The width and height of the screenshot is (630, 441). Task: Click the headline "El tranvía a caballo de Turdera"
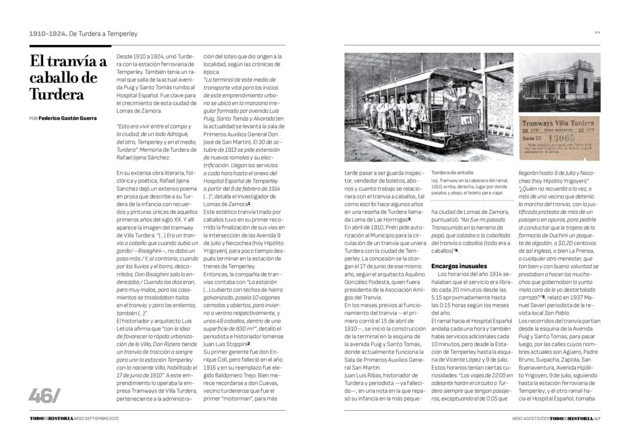pos(68,78)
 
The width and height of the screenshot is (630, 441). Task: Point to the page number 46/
pos(45,397)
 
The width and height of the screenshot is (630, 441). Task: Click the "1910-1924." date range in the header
pos(47,34)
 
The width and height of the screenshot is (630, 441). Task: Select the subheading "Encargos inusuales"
pos(459,265)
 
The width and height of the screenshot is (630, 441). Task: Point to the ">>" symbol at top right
pos(597,33)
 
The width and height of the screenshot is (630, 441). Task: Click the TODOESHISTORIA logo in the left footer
pos(51,418)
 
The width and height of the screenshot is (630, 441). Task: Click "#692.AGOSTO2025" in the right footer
pos(530,418)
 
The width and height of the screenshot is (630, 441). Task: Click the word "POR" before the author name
pos(33,118)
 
